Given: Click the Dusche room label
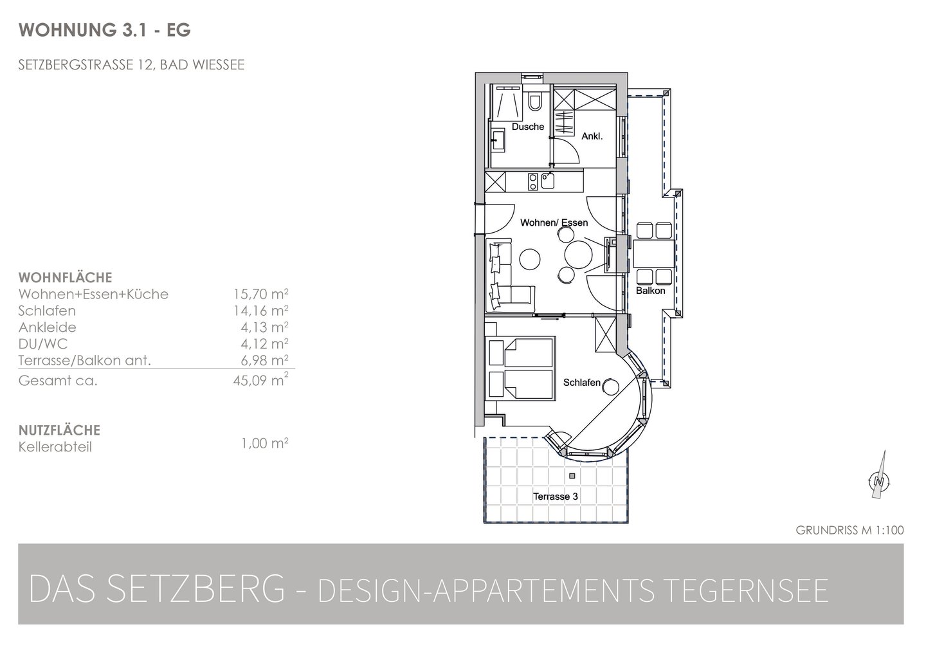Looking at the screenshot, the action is pos(528,127).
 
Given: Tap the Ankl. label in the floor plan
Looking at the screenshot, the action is pos(592,136).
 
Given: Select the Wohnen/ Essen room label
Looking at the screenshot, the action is pos(554,223).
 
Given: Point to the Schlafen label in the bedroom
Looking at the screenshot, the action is pos(581,383).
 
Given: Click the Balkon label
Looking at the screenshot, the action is pos(651,291).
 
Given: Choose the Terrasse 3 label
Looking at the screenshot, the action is pos(555,497).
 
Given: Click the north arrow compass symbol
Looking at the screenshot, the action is pos(879,475).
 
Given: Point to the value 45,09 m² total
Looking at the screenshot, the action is pos(260,380).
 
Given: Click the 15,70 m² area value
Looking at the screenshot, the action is pos(260,294).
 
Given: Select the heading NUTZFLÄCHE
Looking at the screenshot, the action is pos(59,430).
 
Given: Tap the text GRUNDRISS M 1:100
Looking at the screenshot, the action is pos(849,531).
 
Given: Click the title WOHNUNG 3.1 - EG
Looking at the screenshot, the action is pos(105,30).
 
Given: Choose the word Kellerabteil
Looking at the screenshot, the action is pos(55,447).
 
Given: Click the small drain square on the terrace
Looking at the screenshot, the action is pos(572,476).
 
